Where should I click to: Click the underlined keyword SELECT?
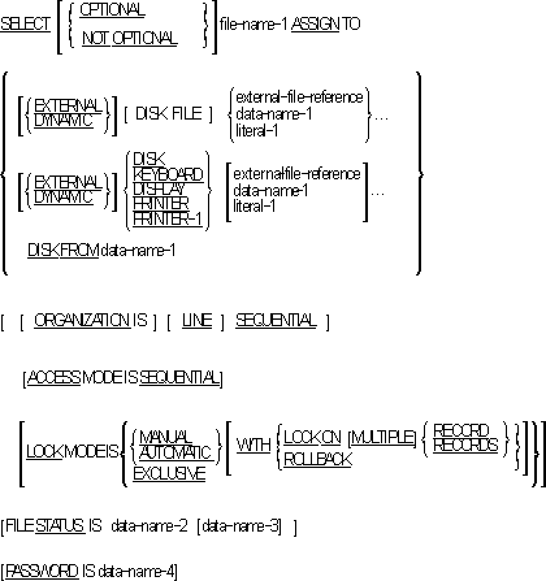pos(26,24)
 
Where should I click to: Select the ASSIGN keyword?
pos(315,24)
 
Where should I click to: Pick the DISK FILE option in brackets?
pos(169,114)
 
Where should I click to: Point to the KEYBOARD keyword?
pos(168,174)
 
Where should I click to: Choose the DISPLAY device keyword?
pos(159,189)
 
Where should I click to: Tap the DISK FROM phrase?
pos(63,250)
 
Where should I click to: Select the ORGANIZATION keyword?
pos(82,320)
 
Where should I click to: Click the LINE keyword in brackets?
pos(197,321)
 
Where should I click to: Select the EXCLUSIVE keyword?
pos(169,474)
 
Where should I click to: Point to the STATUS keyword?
pos(60,526)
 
